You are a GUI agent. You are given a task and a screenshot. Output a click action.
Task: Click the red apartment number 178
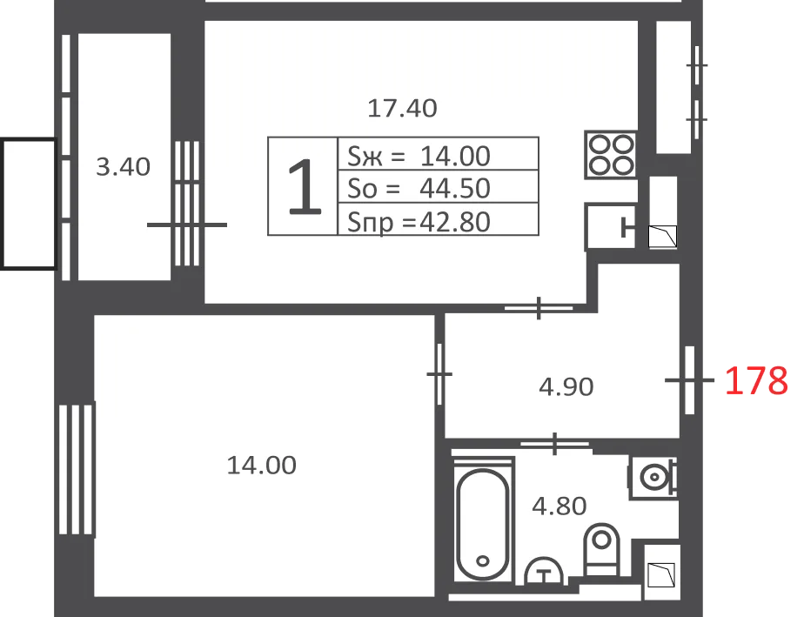[x=756, y=380]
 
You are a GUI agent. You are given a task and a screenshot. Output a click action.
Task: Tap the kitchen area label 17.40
[x=403, y=108]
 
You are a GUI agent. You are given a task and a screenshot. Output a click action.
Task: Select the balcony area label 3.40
[x=123, y=167]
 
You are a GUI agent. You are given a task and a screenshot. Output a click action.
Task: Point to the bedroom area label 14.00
[x=262, y=466]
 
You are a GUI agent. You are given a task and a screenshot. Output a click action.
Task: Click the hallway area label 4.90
[x=566, y=386]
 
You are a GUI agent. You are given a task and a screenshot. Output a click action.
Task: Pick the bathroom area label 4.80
[x=559, y=506]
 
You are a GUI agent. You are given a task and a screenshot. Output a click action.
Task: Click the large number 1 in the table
[x=305, y=187]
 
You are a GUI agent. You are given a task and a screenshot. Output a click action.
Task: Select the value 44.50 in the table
[x=455, y=188]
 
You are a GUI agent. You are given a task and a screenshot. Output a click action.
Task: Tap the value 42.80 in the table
[x=455, y=222]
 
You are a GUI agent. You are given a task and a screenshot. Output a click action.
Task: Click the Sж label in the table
[x=365, y=156]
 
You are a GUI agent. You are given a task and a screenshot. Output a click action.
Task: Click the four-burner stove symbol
[x=611, y=155]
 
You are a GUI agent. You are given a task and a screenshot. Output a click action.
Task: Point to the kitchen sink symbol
[x=611, y=227]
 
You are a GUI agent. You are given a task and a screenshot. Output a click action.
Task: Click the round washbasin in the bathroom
[x=653, y=477]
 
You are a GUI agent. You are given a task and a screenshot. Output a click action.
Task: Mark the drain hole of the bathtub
[x=483, y=560]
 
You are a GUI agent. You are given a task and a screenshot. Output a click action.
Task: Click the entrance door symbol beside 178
[x=690, y=380]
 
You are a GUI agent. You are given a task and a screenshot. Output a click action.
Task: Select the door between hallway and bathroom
[x=555, y=444]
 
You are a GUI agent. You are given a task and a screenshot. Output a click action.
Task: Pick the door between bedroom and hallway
[x=439, y=374]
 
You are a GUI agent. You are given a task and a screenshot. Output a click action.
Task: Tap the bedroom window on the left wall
[x=77, y=470]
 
